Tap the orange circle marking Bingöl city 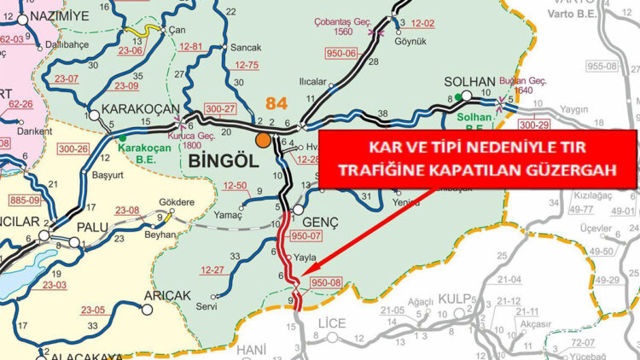coord(263,140)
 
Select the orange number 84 coord(276,103)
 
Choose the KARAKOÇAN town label coord(141,110)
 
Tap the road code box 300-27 coord(219,109)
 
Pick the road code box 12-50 coord(235,185)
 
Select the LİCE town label coord(331,324)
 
